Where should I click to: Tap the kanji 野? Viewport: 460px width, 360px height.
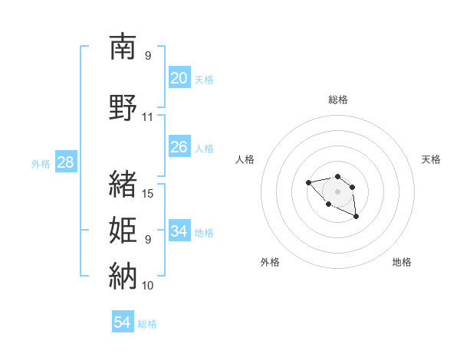[x=123, y=106]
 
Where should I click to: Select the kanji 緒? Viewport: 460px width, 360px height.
[x=123, y=183]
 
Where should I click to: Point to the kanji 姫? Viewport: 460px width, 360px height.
[x=123, y=229]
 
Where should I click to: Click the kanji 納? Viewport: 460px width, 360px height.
[x=123, y=275]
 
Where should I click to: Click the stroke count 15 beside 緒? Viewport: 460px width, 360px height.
[x=148, y=194]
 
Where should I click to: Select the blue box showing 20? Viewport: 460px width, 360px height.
[x=179, y=78]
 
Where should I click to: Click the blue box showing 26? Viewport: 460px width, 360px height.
[x=179, y=147]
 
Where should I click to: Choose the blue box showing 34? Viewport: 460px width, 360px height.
[x=179, y=231]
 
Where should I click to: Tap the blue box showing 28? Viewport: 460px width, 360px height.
[x=65, y=162]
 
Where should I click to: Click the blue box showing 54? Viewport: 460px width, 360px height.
[x=123, y=322]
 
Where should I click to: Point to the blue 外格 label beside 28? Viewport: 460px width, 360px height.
[x=41, y=163]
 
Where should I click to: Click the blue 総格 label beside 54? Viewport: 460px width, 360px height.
[x=147, y=324]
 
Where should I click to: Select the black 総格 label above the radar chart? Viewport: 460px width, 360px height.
[x=337, y=100]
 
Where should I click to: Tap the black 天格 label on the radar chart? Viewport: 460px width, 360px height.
[x=431, y=159]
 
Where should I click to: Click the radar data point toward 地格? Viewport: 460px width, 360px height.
[x=356, y=218]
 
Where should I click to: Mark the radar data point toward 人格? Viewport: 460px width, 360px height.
[x=308, y=182]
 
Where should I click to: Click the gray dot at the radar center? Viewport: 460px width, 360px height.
[x=337, y=191]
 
